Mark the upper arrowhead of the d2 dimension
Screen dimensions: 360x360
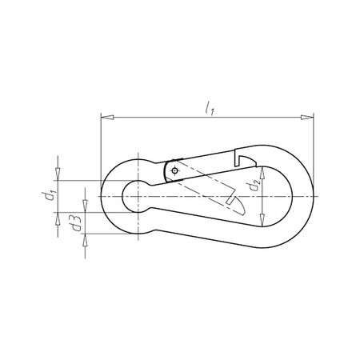tap(263, 170)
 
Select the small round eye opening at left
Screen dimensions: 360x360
tap(132, 196)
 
